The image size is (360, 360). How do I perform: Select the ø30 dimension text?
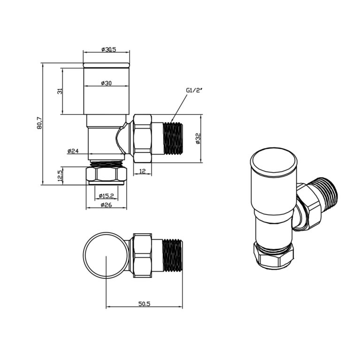(x=106, y=83)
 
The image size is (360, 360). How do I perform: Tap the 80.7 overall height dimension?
(x=39, y=123)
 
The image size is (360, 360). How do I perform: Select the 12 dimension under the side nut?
(x=142, y=171)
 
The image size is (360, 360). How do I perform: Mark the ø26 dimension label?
(x=106, y=205)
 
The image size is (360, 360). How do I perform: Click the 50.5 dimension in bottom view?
(x=144, y=304)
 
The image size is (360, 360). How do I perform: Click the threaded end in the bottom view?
(x=172, y=256)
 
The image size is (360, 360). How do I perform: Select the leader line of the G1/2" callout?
(x=179, y=107)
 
